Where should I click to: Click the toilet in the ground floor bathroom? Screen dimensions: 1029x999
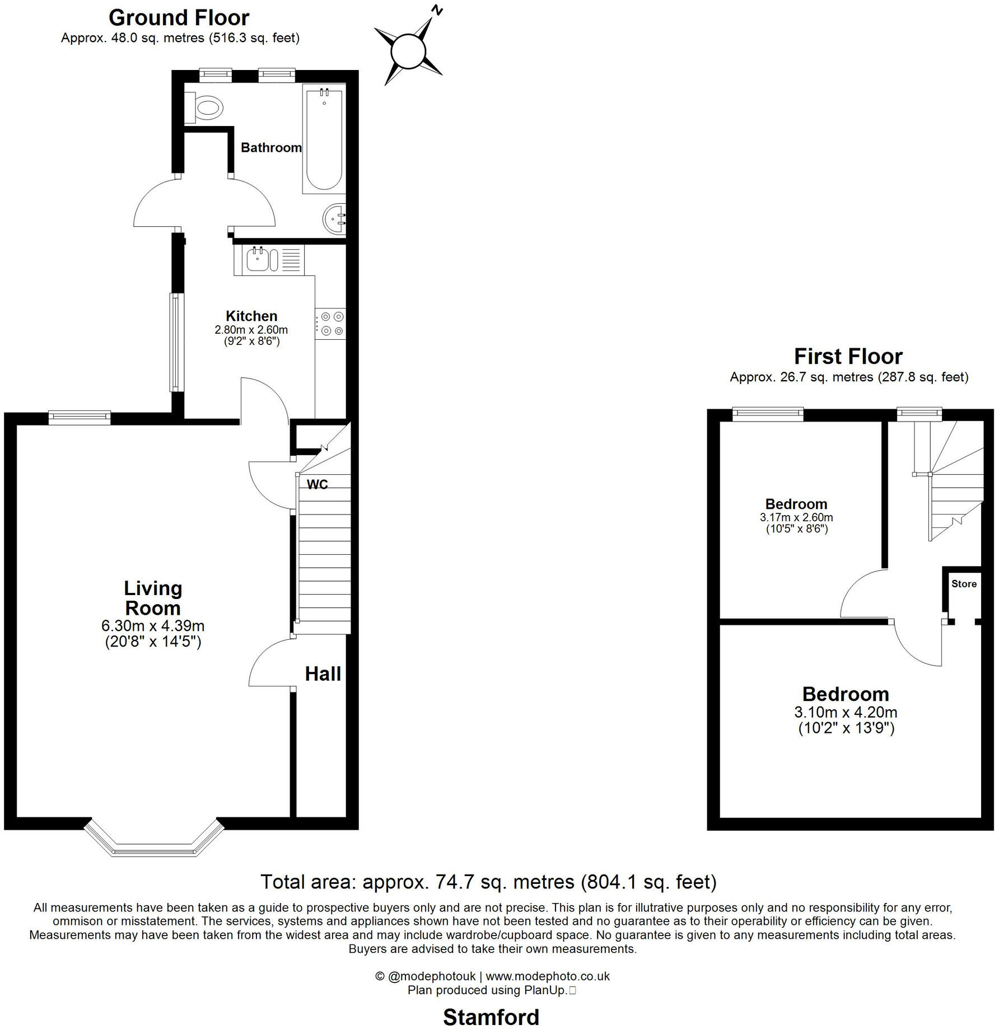pyautogui.click(x=204, y=106)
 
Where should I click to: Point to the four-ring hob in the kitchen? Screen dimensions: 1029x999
pyautogui.click(x=331, y=324)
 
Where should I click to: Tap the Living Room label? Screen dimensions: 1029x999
pyautogui.click(x=153, y=598)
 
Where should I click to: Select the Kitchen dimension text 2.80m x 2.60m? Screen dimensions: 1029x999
pyautogui.click(x=251, y=330)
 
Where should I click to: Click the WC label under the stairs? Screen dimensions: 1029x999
pyautogui.click(x=318, y=484)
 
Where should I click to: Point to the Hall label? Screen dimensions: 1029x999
pyautogui.click(x=323, y=674)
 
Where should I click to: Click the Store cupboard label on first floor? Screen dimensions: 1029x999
pyautogui.click(x=964, y=584)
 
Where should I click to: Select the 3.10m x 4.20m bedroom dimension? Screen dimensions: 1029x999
pyautogui.click(x=846, y=712)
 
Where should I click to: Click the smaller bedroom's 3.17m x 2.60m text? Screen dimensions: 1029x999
pyautogui.click(x=796, y=517)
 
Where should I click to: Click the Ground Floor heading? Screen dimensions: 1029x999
pyautogui.click(x=179, y=18)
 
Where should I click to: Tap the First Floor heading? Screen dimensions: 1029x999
pyautogui.click(x=848, y=357)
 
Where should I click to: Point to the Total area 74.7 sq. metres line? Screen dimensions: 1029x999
pyautogui.click(x=488, y=882)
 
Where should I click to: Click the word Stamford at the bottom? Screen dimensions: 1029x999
pyautogui.click(x=491, y=1017)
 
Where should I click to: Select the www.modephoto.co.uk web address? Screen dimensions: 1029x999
pyautogui.click(x=547, y=976)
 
